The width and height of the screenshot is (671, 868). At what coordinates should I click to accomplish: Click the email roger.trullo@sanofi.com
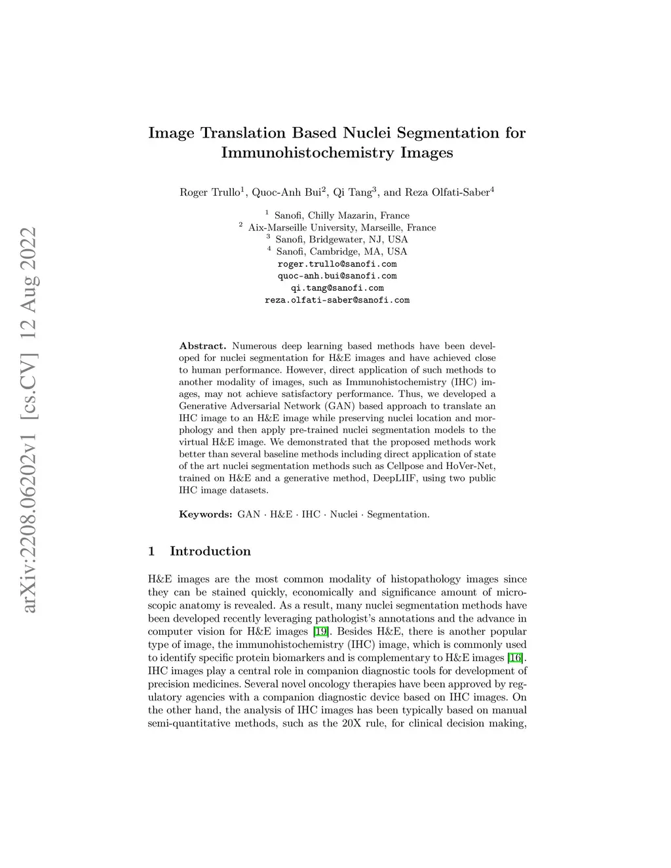337,264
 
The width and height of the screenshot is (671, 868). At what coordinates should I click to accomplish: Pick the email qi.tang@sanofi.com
337,288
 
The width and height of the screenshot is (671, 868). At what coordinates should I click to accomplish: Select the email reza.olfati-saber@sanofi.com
337,300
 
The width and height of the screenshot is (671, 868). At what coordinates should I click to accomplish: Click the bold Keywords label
205,514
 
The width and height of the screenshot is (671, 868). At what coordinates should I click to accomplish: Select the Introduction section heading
210,551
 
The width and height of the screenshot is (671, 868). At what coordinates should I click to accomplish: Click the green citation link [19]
319,632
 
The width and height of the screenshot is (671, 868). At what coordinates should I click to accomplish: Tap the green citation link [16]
516,658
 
